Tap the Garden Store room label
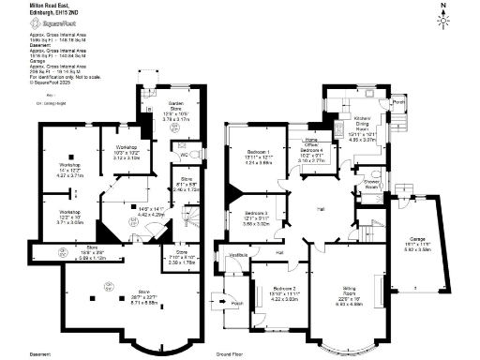(x=175, y=109)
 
